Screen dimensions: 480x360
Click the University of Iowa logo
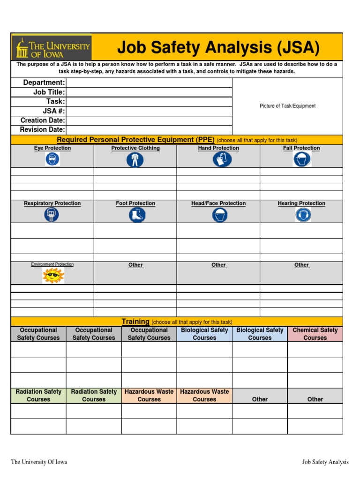click(x=52, y=48)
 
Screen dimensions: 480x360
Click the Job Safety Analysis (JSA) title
click(x=218, y=47)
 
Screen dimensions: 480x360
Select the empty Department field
click(x=149, y=83)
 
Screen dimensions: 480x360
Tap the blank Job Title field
click(x=149, y=92)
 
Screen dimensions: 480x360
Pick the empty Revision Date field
click(x=149, y=130)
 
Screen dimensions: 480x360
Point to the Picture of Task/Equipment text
click(x=287, y=106)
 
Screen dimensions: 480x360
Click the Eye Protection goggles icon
click(x=52, y=159)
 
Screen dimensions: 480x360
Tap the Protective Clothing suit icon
click(x=135, y=160)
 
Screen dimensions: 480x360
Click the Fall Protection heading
click(x=301, y=148)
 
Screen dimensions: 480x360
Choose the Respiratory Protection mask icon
click(x=52, y=215)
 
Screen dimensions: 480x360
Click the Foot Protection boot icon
click(x=136, y=215)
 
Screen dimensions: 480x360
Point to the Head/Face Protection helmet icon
click(x=219, y=215)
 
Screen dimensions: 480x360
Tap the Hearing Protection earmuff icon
click(x=302, y=215)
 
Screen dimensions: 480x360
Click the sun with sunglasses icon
click(x=52, y=275)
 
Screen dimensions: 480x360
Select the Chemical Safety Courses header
click(x=315, y=334)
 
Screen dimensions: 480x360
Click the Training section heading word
click(x=135, y=322)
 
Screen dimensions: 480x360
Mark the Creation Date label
click(x=43, y=120)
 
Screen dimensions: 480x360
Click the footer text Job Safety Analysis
click(x=325, y=462)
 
